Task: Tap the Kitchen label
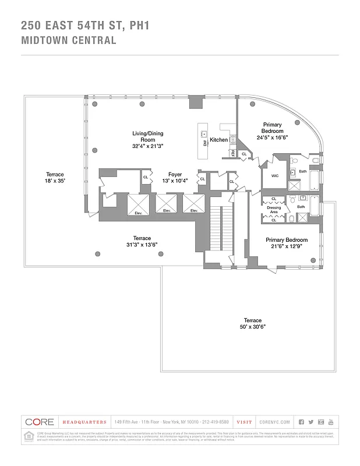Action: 219,140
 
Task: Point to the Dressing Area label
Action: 274,208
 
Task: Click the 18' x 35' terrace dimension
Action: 55,181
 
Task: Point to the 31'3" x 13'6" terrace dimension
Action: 142,245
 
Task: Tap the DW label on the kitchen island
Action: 205,143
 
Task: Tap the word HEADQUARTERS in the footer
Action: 85,422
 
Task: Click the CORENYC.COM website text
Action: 274,422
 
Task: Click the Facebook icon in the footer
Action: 301,422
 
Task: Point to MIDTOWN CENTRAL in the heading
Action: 69,41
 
